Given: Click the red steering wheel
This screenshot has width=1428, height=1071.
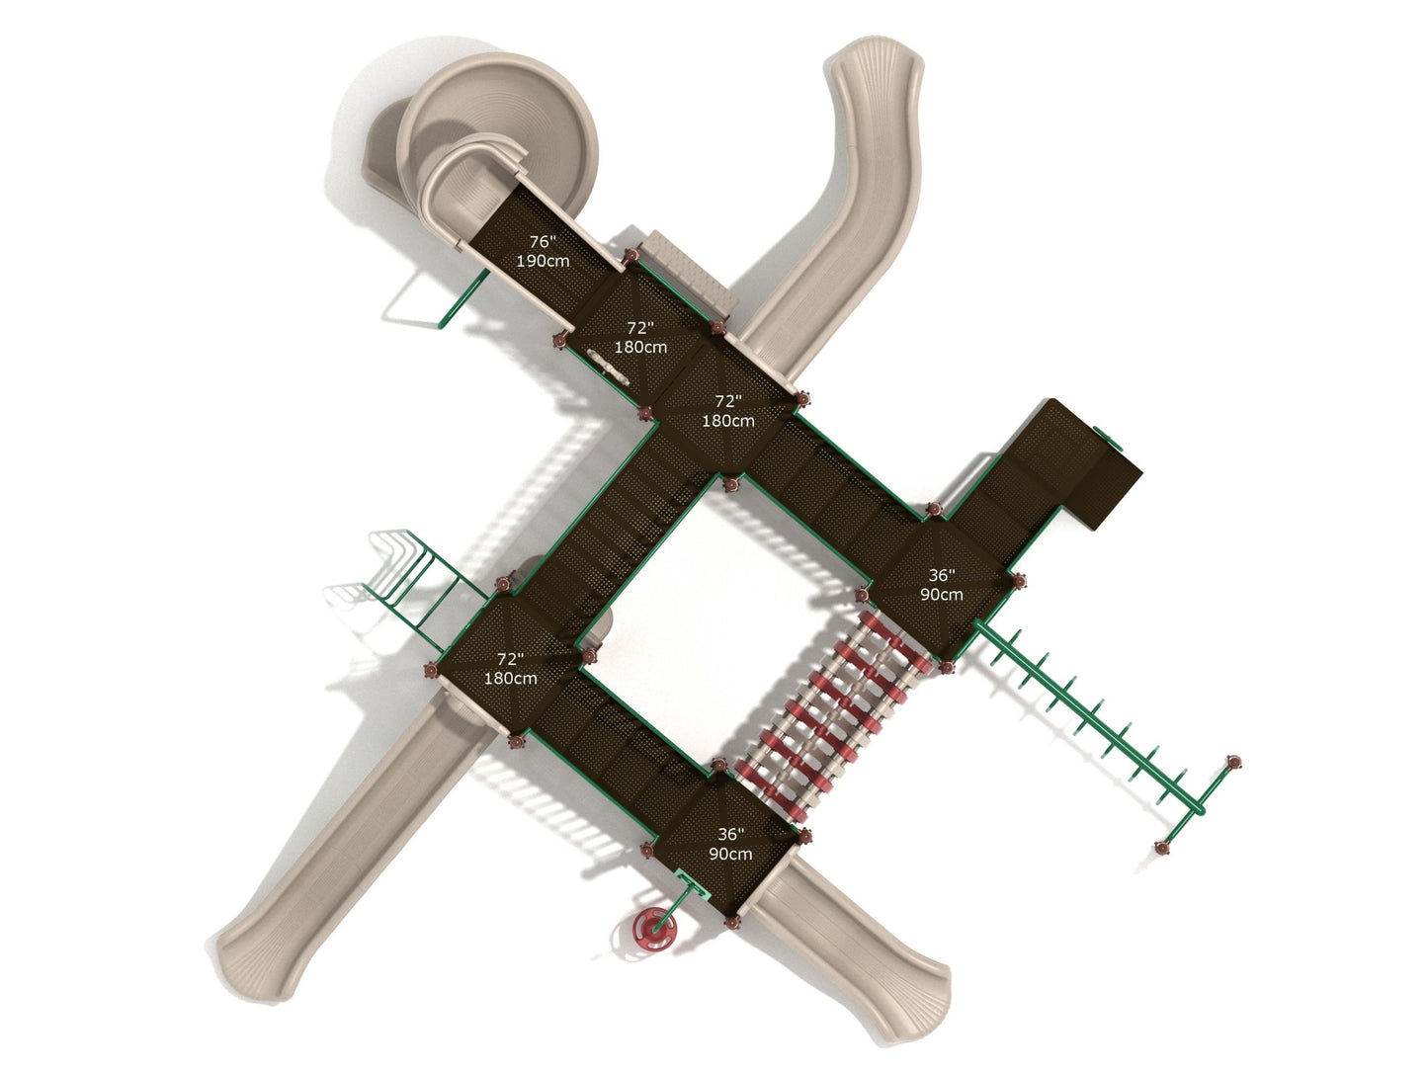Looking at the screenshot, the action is pos(654,930).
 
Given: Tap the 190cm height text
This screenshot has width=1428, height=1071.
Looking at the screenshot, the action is pos(543,261).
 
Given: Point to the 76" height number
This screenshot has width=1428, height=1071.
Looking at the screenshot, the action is pos(542,242).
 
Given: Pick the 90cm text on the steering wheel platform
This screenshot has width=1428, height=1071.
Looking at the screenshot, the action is pos(730,854).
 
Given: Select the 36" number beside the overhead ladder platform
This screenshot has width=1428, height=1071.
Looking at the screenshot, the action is pos(942,575).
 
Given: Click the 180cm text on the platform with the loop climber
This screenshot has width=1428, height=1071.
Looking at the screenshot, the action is pos(510,678).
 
